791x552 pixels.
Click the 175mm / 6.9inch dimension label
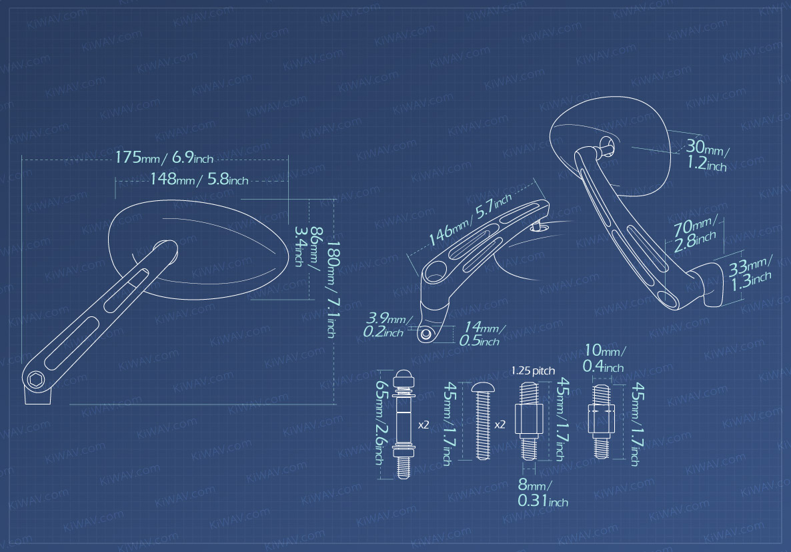pos(164,158)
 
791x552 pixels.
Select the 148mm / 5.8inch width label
pos(199,180)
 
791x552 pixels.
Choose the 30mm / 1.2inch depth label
pos(708,155)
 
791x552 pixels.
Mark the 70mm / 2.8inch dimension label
pos(696,234)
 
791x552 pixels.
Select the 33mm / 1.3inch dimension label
pos(751,273)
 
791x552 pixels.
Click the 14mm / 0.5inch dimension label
pos(482,334)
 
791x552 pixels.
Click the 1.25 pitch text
pos(533,370)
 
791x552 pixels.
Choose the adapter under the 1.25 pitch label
pos(528,421)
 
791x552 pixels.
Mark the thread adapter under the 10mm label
pos(600,420)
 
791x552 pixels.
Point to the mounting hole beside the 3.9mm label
pos(425,334)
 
